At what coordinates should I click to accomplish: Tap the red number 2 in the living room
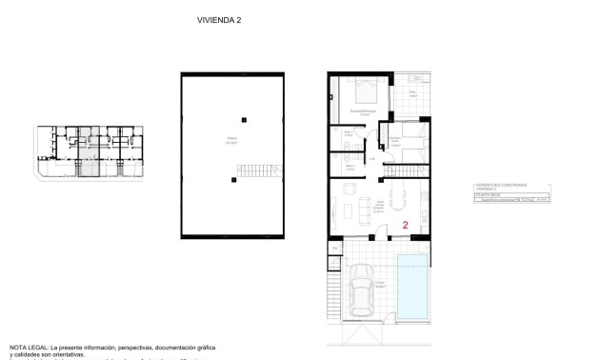(406, 226)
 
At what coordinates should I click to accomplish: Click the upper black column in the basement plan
(244, 118)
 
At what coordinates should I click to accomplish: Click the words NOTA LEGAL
(30, 349)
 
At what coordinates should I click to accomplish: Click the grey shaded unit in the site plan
(87, 160)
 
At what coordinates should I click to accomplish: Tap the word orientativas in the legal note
(66, 355)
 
